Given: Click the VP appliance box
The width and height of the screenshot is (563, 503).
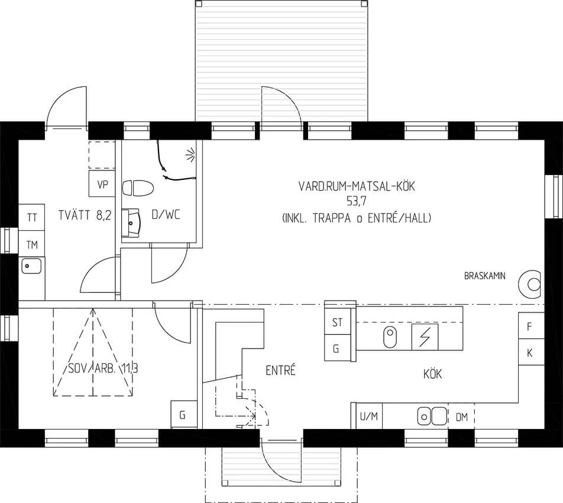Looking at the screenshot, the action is pyautogui.click(x=102, y=183).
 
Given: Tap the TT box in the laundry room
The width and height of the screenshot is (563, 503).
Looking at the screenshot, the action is pyautogui.click(x=31, y=218).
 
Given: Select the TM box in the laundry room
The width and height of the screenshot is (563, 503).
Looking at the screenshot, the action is pyautogui.click(x=31, y=244).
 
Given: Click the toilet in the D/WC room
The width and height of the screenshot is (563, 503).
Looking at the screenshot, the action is pyautogui.click(x=138, y=188).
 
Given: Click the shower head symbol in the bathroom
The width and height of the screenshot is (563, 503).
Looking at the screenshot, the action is pyautogui.click(x=190, y=154).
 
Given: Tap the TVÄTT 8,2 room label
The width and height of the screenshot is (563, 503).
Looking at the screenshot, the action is pyautogui.click(x=85, y=215).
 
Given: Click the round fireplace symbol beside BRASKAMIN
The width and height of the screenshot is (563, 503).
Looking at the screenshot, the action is pyautogui.click(x=530, y=285).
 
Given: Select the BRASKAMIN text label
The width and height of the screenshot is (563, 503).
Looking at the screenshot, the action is pyautogui.click(x=485, y=276).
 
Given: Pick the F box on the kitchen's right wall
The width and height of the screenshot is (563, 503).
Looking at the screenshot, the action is pyautogui.click(x=531, y=326).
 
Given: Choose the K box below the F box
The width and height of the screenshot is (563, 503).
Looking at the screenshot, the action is pyautogui.click(x=531, y=352).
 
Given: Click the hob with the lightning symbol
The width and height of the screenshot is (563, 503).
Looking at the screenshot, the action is pyautogui.click(x=425, y=337).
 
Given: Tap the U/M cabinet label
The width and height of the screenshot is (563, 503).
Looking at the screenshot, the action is pyautogui.click(x=369, y=417).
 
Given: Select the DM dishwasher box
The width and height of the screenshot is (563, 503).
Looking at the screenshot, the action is pyautogui.click(x=461, y=416).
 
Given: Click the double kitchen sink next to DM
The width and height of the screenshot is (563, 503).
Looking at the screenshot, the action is pyautogui.click(x=432, y=416).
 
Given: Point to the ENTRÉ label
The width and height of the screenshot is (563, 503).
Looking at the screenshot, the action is pyautogui.click(x=280, y=370).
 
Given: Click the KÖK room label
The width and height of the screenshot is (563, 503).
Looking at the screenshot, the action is pyautogui.click(x=432, y=374).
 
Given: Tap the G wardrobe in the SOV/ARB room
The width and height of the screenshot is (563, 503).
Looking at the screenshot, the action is pyautogui.click(x=183, y=414).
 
